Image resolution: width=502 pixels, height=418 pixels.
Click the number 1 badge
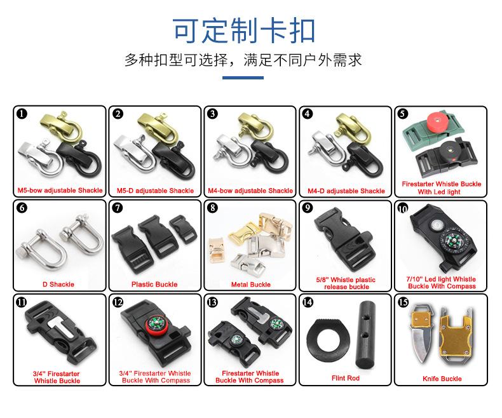[22, 114]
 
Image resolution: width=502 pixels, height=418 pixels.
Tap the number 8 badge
[213, 208]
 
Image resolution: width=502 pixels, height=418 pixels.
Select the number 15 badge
[404, 302]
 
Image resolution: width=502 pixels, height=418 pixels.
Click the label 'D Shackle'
[58, 284]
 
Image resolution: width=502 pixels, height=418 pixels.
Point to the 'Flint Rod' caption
[345, 378]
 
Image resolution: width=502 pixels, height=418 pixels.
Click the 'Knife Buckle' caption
[442, 379]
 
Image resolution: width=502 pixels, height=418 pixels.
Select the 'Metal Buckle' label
[250, 285]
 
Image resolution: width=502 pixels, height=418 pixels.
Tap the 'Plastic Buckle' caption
[154, 284]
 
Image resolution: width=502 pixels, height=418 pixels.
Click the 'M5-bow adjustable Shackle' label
[59, 191]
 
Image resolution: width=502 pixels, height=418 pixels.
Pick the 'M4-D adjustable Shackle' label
[346, 191]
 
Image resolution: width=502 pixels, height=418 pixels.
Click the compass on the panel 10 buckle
[453, 242]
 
